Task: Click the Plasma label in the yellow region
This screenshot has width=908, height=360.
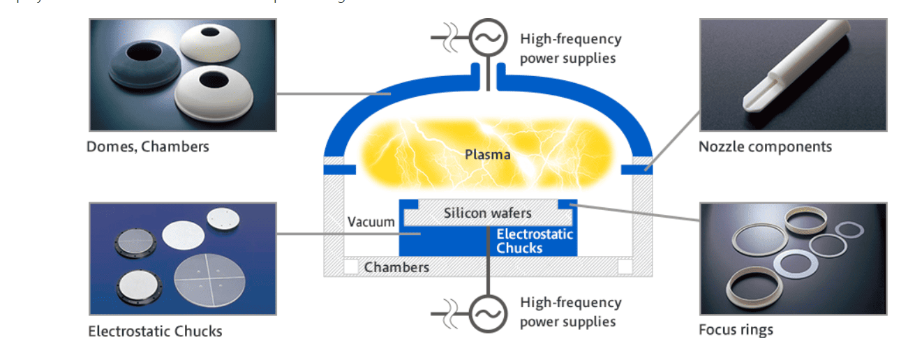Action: [x=488, y=154]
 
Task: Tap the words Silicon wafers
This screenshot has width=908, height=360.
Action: [x=488, y=213]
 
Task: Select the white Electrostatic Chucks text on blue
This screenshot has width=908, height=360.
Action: [x=535, y=241]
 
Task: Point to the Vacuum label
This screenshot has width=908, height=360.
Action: [x=371, y=222]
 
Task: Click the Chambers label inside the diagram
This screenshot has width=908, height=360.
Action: [x=396, y=267]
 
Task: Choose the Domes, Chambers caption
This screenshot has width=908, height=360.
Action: [x=147, y=147]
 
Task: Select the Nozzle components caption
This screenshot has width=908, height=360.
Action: [x=765, y=147]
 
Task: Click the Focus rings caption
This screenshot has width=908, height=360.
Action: [x=736, y=329]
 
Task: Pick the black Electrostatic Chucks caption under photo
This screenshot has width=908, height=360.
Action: [x=155, y=331]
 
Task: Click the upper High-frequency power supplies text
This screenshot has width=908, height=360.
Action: [x=570, y=48]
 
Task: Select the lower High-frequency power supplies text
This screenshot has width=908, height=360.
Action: [x=570, y=312]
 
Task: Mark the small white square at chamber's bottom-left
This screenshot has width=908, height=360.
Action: [x=351, y=267]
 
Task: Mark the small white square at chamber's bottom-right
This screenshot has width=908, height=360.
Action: [x=625, y=267]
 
